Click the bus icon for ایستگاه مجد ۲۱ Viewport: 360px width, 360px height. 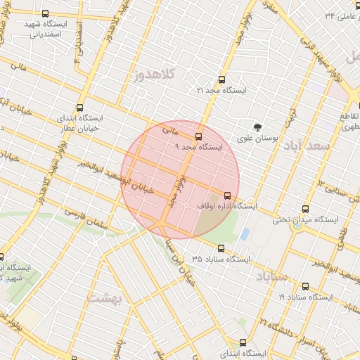222,79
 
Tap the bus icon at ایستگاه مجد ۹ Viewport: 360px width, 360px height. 198,136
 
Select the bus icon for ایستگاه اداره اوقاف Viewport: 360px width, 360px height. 226,195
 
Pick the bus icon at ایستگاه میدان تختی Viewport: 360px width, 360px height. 305,209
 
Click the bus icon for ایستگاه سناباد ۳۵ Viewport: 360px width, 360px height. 221,248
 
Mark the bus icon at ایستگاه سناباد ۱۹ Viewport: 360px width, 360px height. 305,286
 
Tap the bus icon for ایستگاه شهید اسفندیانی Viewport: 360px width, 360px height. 46,13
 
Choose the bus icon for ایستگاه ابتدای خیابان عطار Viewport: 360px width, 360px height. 79,108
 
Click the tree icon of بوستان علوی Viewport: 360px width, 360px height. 258,127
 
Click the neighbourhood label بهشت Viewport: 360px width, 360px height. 105,298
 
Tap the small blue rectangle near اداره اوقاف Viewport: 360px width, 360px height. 245,233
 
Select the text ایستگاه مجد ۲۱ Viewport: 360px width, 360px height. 222,91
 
